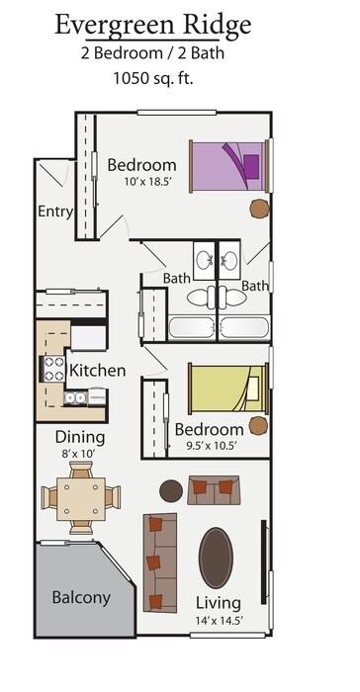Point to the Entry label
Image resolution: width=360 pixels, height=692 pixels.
(55, 211)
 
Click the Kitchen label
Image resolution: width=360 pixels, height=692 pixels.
(97, 371)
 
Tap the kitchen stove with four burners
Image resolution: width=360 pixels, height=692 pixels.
(52, 369)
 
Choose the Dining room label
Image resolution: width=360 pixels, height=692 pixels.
(80, 437)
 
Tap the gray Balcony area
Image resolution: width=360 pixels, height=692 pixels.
(81, 597)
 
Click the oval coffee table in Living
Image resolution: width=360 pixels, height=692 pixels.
(217, 558)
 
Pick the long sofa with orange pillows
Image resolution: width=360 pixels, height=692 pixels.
(158, 562)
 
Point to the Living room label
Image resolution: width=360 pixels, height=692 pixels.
(218, 603)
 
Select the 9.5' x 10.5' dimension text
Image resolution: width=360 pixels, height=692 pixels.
(208, 446)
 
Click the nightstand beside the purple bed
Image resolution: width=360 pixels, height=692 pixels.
(259, 208)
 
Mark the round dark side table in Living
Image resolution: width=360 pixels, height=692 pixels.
(171, 489)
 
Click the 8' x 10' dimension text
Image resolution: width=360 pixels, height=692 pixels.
(80, 453)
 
